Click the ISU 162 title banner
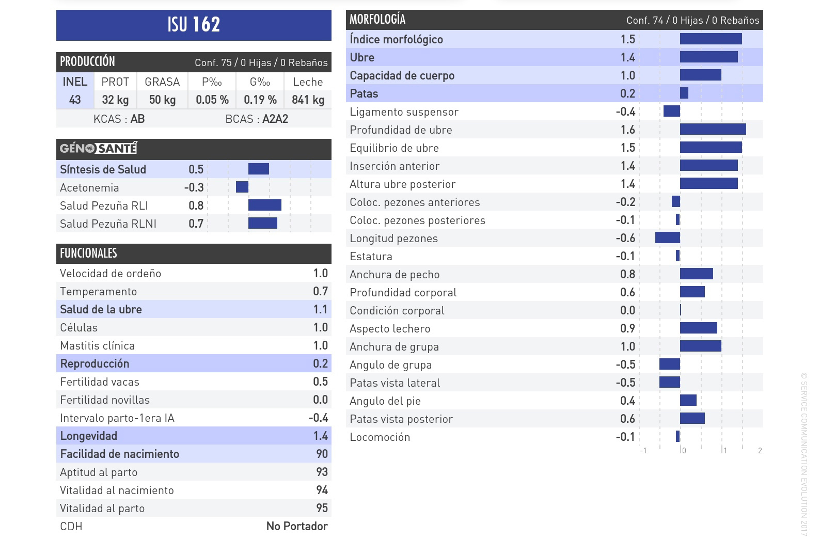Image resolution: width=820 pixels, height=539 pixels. (194, 25)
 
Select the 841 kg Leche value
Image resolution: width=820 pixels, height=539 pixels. (308, 100)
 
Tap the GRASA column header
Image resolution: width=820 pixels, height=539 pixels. (162, 82)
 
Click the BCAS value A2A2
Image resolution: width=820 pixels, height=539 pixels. (275, 119)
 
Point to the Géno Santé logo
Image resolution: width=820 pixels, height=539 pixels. (98, 149)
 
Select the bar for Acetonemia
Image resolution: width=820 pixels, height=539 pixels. (242, 187)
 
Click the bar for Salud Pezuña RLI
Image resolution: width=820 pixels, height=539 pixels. (265, 205)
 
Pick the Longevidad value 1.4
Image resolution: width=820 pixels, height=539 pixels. (320, 436)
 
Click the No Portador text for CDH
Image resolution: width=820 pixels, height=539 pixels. (297, 526)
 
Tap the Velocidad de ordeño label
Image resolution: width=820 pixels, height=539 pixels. (111, 273)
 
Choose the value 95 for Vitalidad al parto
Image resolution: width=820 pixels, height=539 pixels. (322, 508)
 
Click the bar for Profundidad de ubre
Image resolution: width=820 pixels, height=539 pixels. (713, 129)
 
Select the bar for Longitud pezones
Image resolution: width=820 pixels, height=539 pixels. (668, 237)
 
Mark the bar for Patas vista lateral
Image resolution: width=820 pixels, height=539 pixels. (670, 382)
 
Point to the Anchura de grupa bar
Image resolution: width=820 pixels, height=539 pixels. (700, 346)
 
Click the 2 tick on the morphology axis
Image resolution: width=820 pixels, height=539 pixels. (760, 451)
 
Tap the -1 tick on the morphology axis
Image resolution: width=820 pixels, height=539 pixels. (643, 451)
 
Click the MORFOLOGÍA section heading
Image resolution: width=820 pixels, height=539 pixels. (377, 20)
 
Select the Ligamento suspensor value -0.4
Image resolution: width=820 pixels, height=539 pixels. (625, 112)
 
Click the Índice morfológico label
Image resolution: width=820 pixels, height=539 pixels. (396, 39)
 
